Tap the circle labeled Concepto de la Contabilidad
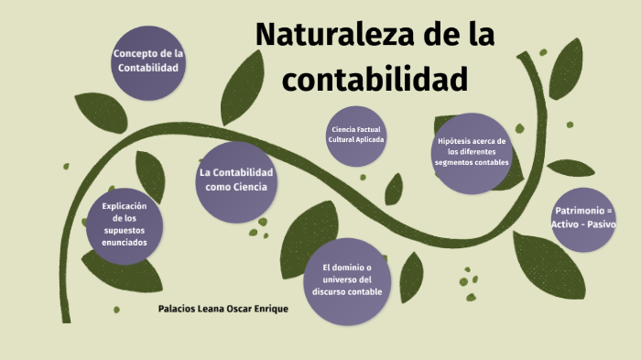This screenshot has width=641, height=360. pos(149,61)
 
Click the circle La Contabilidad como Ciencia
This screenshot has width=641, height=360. pos(235,180)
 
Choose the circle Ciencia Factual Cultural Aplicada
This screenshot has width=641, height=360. pos(357,136)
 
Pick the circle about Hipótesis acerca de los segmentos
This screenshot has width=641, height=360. pos(472,154)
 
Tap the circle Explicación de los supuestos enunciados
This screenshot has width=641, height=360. pos(124,224)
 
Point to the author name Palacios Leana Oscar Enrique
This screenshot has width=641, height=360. pos(223,309)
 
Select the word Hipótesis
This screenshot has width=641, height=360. pos(458,141)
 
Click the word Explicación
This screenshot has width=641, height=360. pos(124,205)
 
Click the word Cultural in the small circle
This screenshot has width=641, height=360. pos(342,140)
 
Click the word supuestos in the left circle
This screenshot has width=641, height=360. pos(124,230)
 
